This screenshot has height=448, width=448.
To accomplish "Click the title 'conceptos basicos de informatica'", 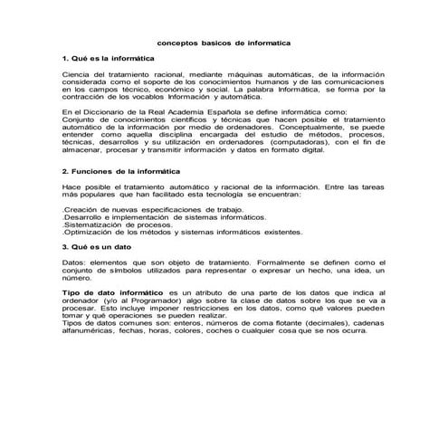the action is [x=224, y=42].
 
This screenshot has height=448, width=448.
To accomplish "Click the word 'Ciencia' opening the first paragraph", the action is [x=75, y=73].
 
